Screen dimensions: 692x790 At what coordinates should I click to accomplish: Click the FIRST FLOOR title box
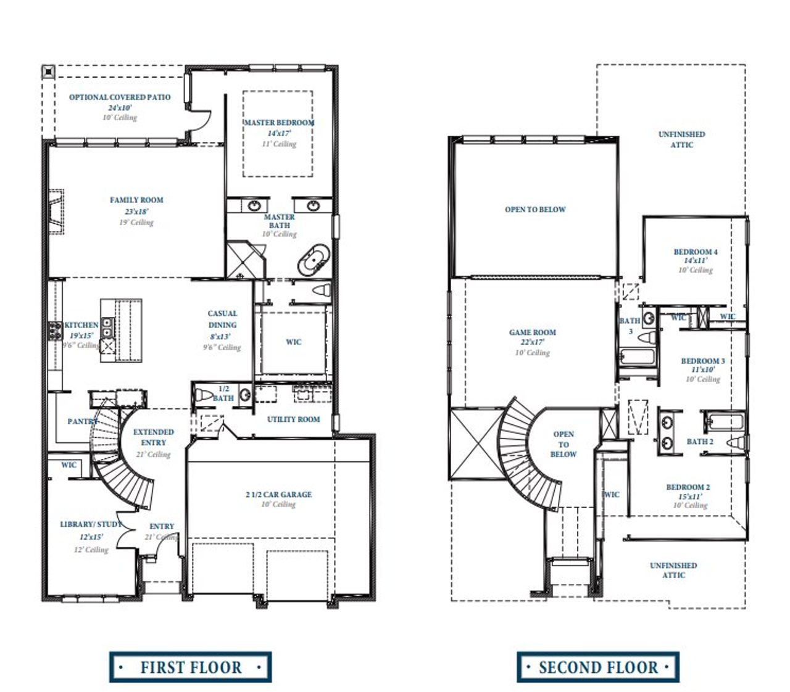point(190,667)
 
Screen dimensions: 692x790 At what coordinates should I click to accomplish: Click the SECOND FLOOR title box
point(597,667)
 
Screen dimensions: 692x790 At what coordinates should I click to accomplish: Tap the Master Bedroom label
point(278,123)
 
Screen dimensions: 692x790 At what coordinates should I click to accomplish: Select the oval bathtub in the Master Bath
point(314,261)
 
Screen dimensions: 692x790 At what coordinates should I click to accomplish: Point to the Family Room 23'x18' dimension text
point(136,212)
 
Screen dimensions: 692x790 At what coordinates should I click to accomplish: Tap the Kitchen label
point(81,325)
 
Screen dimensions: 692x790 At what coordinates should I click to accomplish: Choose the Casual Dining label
point(222,319)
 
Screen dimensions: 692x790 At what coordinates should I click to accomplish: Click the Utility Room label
point(293,419)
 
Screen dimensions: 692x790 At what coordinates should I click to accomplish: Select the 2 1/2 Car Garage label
point(278,495)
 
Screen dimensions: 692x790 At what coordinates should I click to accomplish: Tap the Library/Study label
point(91,524)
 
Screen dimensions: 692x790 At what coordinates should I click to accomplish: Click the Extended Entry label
point(153,437)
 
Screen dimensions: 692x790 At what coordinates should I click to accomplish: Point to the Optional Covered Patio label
point(120,97)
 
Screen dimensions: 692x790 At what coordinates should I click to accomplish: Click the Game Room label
point(532,332)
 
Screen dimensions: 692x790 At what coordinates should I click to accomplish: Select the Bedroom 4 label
point(695,252)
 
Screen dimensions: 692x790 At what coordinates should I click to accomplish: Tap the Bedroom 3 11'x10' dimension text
point(703,370)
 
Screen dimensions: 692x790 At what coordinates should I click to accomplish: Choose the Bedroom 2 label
point(688,487)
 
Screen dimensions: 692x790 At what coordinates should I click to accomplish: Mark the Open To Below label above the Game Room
point(535,210)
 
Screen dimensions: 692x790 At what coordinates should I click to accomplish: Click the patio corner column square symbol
point(48,72)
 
